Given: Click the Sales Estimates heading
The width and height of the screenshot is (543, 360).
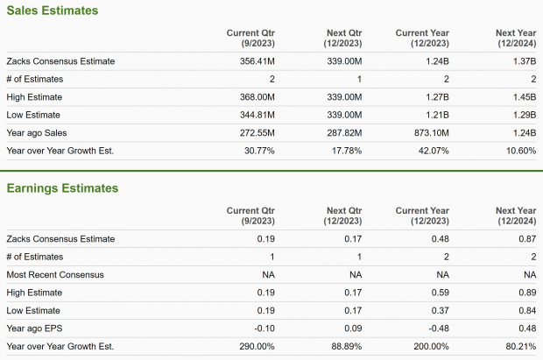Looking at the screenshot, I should [53, 11].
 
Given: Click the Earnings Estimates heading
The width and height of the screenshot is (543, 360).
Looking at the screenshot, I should [62, 187].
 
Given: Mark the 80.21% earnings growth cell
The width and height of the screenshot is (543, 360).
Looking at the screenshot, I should [519, 346].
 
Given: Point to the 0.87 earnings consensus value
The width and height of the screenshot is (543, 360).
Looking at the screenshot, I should [526, 239].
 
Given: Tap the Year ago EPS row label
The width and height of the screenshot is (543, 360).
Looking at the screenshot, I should [37, 328].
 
